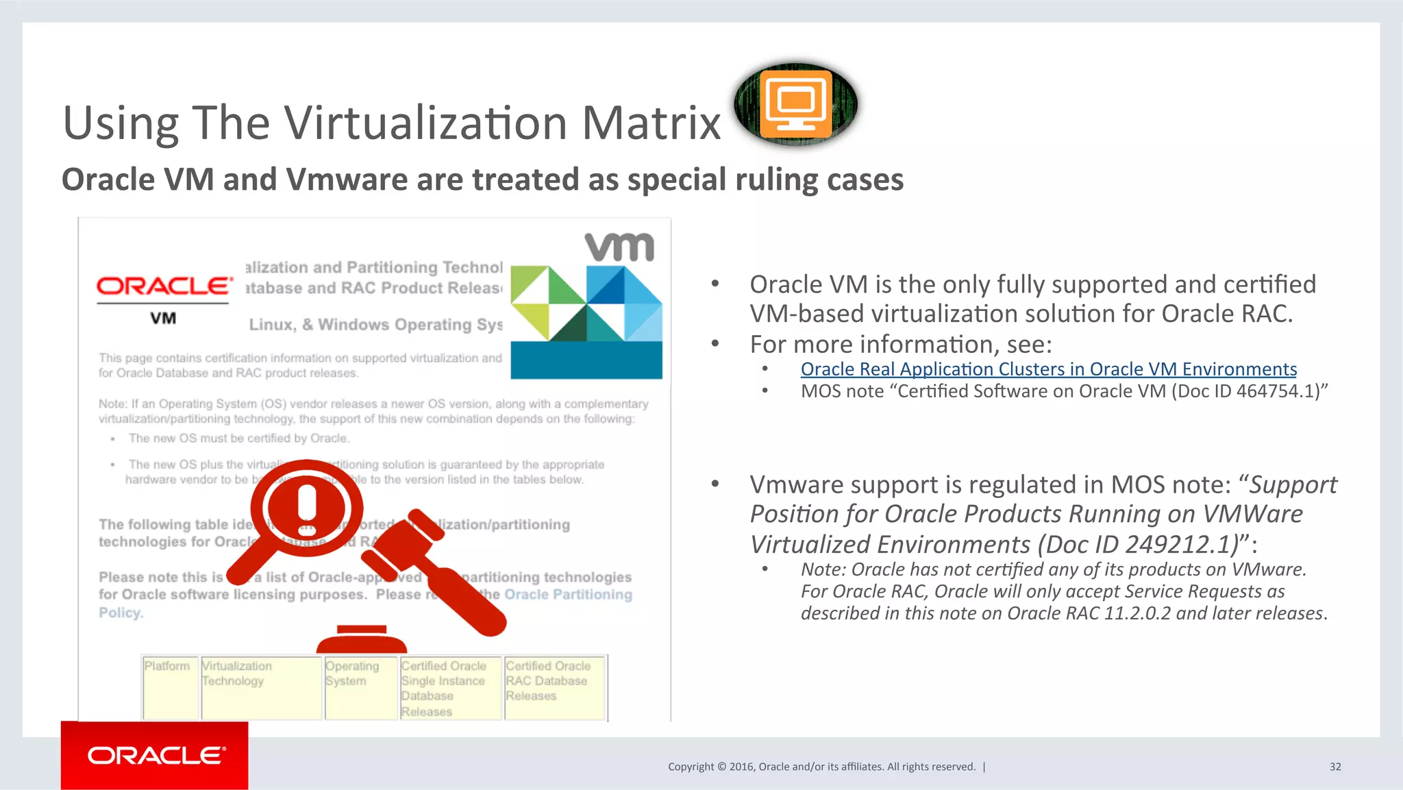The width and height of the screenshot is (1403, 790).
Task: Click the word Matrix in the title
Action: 651,123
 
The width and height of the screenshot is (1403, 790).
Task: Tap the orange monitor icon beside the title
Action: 795,104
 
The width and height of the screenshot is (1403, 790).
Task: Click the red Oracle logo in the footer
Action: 155,755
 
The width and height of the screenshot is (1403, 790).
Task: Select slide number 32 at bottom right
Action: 1334,767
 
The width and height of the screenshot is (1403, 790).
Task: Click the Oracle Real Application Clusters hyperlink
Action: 1048,369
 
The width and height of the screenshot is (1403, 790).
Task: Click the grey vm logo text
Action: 619,247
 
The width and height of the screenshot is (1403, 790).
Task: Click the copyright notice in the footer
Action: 821,767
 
